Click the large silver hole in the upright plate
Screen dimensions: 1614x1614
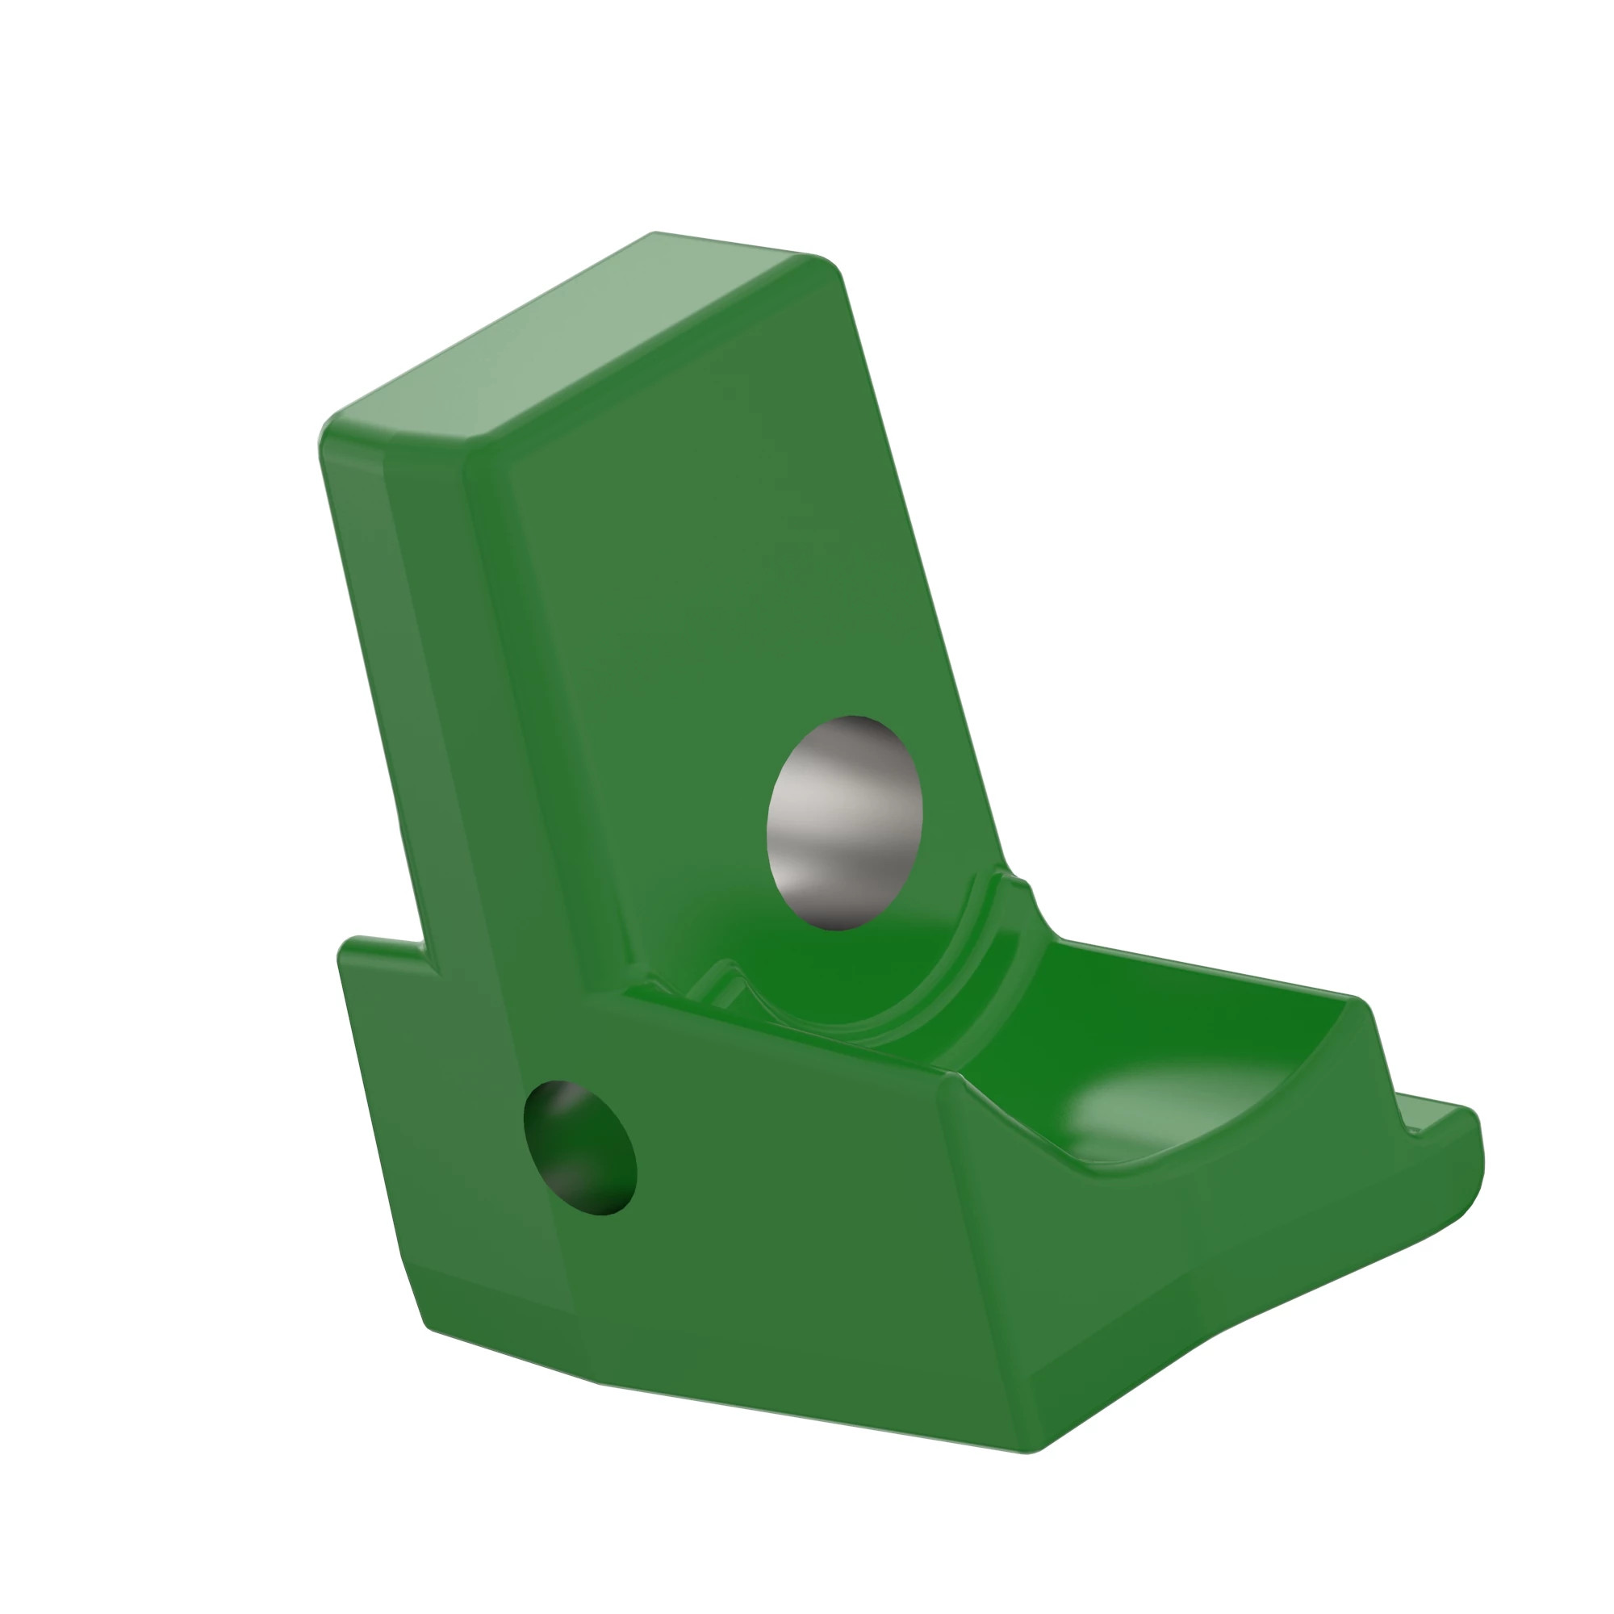click(844, 823)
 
